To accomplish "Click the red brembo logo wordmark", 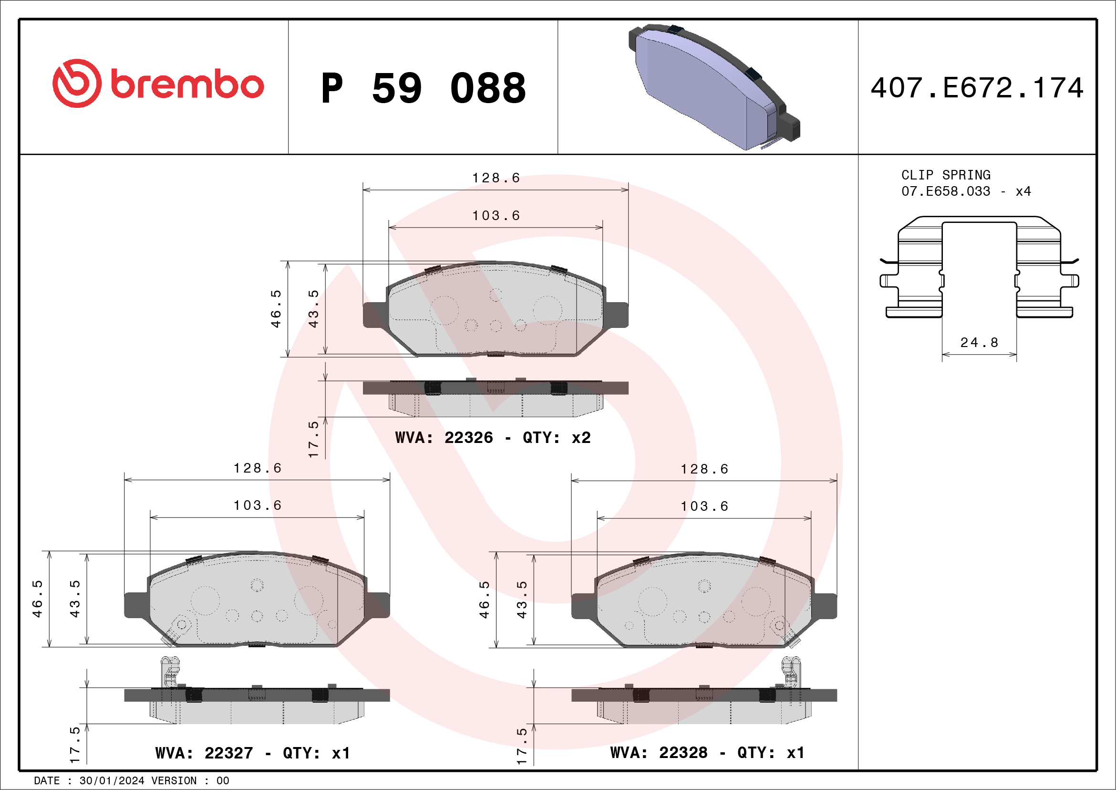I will point(186,84).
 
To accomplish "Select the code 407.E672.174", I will point(977,88).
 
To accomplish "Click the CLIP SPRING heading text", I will point(945,175).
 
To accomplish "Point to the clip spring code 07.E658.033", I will point(945,191).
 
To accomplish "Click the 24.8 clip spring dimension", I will point(979,342).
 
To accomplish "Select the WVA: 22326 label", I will point(444,437).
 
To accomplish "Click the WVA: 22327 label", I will point(204,753).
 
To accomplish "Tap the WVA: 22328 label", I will point(658,753).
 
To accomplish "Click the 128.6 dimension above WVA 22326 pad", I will point(496,178).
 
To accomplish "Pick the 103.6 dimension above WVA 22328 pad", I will point(704,506).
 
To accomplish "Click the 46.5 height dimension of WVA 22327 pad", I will point(37,599).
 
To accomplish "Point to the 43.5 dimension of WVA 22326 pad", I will point(313,308).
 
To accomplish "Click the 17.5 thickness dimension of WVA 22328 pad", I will point(522,746).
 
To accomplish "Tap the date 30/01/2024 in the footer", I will point(111,781).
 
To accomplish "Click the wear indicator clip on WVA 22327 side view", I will point(170,671).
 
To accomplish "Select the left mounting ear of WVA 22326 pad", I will point(374,315).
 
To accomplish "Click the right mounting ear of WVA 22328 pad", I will point(825,606).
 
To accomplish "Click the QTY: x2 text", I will point(556,437).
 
